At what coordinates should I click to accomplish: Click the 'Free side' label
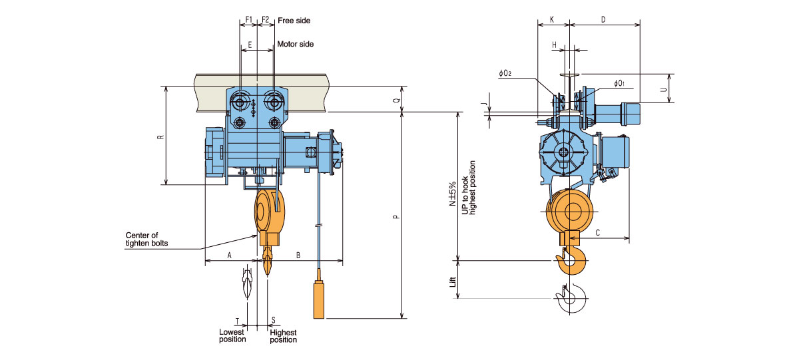point(294,21)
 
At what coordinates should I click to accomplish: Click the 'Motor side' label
point(295,45)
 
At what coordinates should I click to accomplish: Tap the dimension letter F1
point(248,20)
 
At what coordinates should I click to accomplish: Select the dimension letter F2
point(265,20)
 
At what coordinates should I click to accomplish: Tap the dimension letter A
point(230,255)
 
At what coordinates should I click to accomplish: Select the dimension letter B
point(298,255)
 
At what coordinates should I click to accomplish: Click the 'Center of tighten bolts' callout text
point(146,239)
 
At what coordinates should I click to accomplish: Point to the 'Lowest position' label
point(232,335)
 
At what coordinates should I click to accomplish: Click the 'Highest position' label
point(283,335)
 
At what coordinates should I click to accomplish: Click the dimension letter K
point(553,20)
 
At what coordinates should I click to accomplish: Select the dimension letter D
point(603,20)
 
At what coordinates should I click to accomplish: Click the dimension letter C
point(598,232)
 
